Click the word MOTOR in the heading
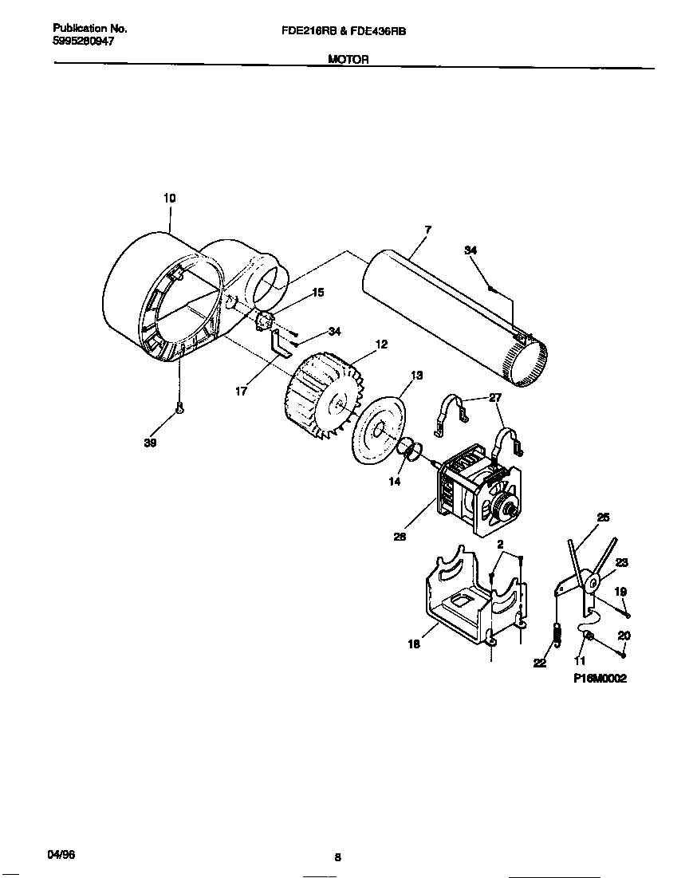pos(348,59)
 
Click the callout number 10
pos(170,198)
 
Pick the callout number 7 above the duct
pos(428,230)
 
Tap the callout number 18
pos(413,644)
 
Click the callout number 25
pos(603,517)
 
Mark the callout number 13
pos(416,375)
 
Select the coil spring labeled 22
pos(557,635)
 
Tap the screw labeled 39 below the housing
pos(179,409)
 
